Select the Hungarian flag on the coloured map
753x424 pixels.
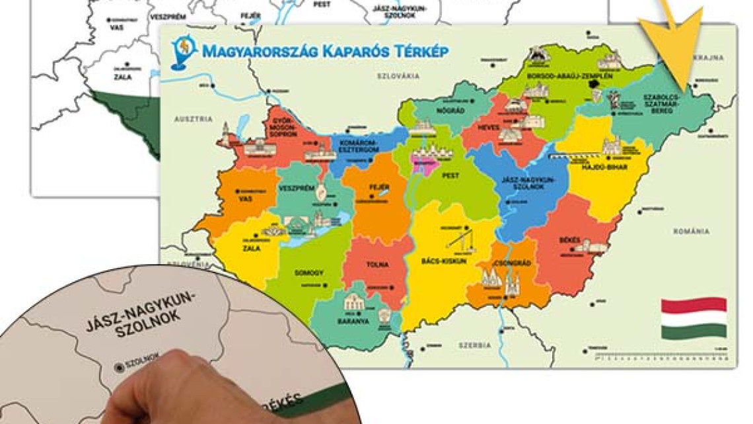coord(694,318)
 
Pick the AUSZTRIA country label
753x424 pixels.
coord(194,119)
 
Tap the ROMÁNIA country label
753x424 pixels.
coord(692,232)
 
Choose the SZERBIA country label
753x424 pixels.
coord(476,345)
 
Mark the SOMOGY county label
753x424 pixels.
coord(310,273)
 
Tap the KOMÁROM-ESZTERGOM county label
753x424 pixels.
coord(358,146)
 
